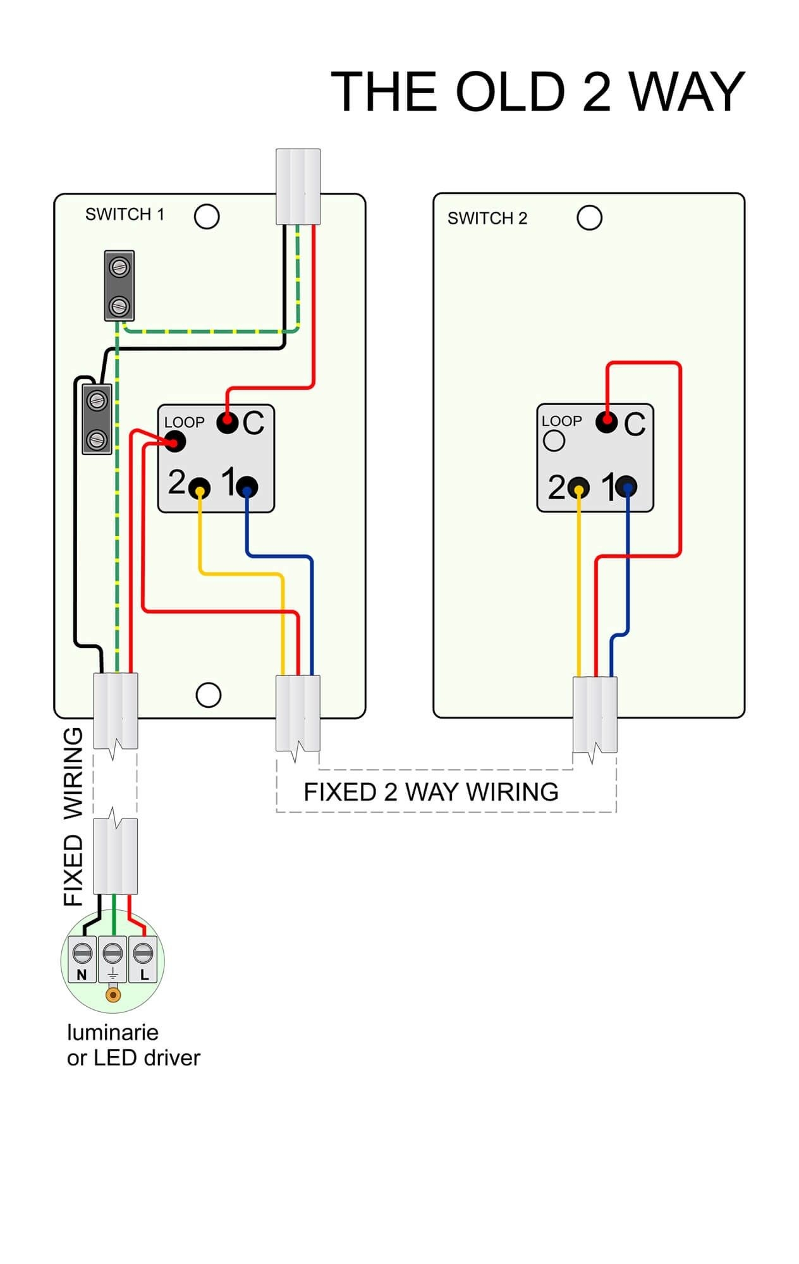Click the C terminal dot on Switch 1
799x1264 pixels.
point(227,422)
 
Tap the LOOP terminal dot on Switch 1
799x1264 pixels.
point(175,441)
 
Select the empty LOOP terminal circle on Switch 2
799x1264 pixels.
point(554,441)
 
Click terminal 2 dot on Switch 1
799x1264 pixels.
point(200,488)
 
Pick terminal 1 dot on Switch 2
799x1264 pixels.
point(626,487)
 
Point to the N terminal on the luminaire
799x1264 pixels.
point(83,959)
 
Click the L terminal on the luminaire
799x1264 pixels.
point(143,959)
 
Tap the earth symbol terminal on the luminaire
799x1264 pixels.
point(113,959)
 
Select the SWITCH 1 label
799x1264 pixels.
point(125,215)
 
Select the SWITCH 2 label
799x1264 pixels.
point(487,219)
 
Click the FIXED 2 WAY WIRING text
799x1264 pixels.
point(430,792)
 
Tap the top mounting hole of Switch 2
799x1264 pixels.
point(589,218)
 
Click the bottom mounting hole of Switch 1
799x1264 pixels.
point(209,695)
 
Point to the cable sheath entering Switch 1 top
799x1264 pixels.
point(298,186)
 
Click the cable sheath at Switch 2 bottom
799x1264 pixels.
point(595,714)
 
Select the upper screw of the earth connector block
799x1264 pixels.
point(119,267)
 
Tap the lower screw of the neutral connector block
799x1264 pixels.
point(97,439)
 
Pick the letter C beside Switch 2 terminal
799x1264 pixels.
point(635,424)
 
